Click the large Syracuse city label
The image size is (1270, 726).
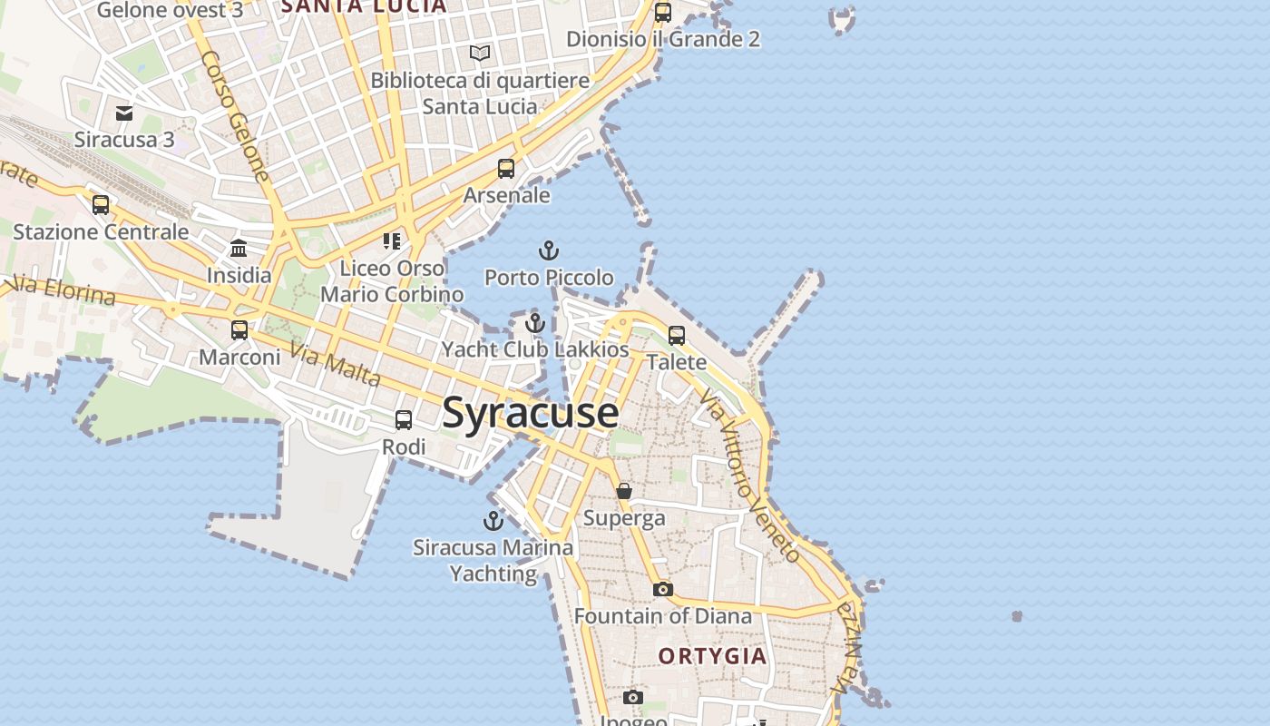point(531,413)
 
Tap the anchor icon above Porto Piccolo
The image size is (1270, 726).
point(549,250)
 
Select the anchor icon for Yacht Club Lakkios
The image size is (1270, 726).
point(535,322)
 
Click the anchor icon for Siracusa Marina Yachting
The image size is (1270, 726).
point(493,520)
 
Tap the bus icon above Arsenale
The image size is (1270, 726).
point(506,169)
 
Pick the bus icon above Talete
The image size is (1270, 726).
point(677,335)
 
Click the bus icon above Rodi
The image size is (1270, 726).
point(404,420)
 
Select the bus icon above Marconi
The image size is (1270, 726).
point(239,330)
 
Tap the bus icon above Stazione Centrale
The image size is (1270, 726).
point(101,204)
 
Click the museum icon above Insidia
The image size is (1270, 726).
point(239,248)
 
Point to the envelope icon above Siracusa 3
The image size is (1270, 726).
point(124,113)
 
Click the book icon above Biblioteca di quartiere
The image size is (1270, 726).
point(480,53)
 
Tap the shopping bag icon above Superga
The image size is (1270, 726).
point(624,491)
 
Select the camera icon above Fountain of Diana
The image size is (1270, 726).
point(663,589)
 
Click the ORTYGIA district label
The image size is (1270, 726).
point(712,656)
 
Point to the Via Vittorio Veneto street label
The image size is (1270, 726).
point(749,476)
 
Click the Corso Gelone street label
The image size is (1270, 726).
point(236,115)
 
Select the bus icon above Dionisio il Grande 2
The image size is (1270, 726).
point(663,13)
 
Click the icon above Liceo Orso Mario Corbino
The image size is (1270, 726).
point(392,241)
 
